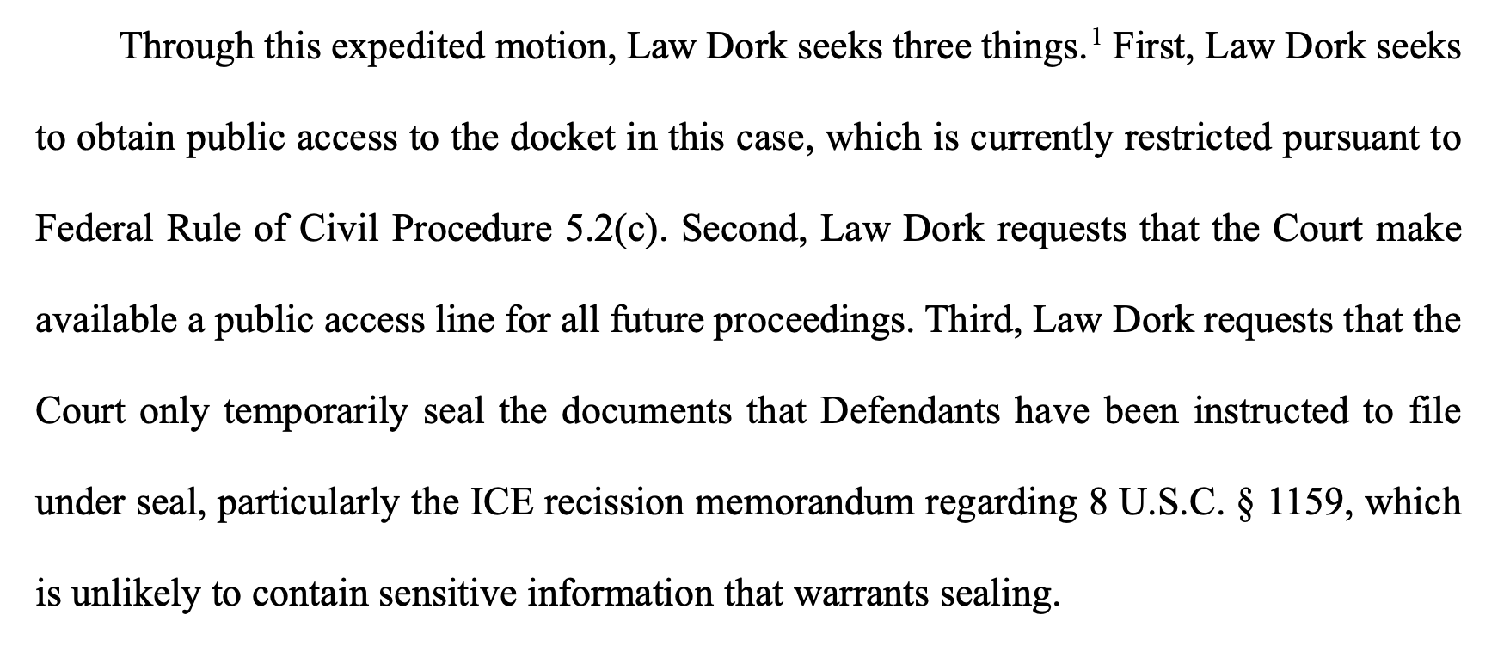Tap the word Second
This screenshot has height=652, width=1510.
click(x=744, y=230)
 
